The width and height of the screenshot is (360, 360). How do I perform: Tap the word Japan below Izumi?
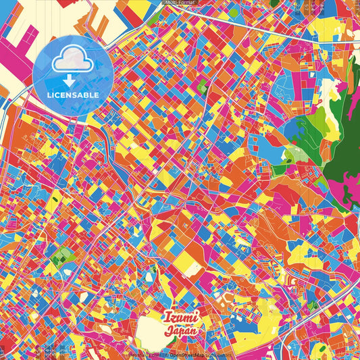(x=182, y=331)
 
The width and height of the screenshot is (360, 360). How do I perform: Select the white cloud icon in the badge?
(x=72, y=60)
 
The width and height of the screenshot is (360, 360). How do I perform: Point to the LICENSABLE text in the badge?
(x=73, y=95)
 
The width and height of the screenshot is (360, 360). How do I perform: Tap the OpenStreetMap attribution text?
(x=187, y=354)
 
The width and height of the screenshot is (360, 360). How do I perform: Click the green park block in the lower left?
(x=62, y=255)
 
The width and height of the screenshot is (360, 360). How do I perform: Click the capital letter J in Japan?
(x=169, y=331)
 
